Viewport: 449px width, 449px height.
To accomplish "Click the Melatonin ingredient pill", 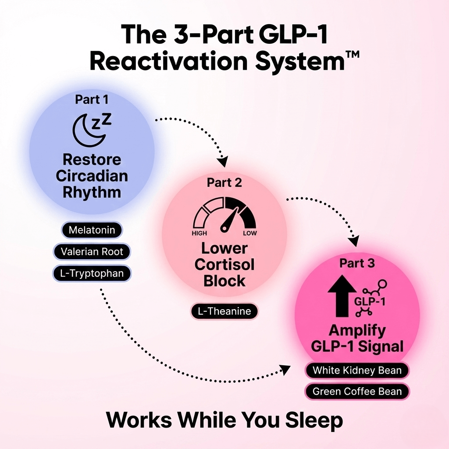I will coord(92,230).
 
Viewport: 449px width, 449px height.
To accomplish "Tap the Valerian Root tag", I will coord(92,252).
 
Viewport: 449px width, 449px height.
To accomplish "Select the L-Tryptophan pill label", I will coord(92,274).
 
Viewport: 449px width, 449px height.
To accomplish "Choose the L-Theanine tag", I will coord(224,311).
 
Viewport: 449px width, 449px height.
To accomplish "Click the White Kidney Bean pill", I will coord(356,371).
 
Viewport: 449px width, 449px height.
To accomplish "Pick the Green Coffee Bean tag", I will coord(356,392).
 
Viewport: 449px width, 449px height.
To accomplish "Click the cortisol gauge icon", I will coord(224,215).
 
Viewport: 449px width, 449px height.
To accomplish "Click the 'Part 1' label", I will coord(91,100).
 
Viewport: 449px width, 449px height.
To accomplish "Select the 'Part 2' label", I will coord(224,182).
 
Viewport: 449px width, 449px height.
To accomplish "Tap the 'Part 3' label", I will coord(357,264).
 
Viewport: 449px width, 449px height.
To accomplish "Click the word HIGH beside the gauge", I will coord(199,233).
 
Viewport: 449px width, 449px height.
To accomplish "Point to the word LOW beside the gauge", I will coord(250,233).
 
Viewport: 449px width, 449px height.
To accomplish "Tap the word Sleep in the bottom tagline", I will coord(314,420).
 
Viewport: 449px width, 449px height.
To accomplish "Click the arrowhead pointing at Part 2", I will coord(223,161).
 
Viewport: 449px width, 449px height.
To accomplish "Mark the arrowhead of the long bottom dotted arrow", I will coord(285,370).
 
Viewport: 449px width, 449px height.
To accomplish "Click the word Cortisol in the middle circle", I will coord(224,265).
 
